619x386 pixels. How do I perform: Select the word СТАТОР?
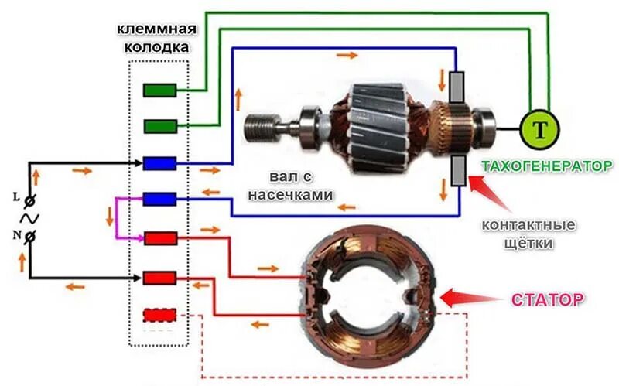pos(546,299)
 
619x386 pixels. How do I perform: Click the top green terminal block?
pos(160,90)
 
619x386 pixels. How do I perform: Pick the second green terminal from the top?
pos(160,125)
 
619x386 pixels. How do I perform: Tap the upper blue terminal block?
pos(160,163)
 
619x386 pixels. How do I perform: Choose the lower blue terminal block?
pos(160,200)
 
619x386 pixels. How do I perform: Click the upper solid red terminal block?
pos(160,237)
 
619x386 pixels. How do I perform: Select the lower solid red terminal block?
pos(160,276)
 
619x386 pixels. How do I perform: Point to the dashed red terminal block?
pos(160,316)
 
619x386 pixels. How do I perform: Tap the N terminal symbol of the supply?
pos(29,237)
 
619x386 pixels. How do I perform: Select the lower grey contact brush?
pos(457,170)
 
